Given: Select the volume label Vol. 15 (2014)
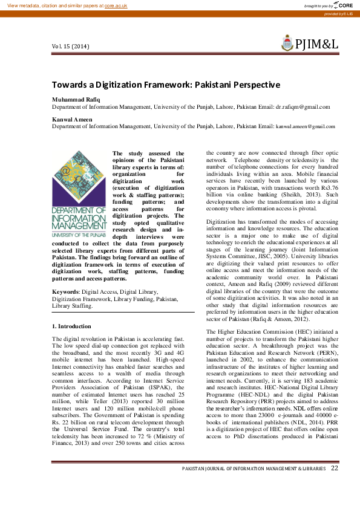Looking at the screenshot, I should pyautogui.click(x=71, y=47).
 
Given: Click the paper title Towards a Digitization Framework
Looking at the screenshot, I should pyautogui.click(x=166, y=85).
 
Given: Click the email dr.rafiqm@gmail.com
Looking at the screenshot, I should pyautogui.click(x=303, y=106).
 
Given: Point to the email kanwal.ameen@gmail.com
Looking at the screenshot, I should pyautogui.click(x=305, y=127).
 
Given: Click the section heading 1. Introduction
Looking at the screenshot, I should pyautogui.click(x=71, y=326).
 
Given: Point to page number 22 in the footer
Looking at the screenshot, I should pyautogui.click(x=335, y=468).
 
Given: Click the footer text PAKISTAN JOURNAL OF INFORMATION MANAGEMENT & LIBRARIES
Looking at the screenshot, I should pyautogui.click(x=254, y=469).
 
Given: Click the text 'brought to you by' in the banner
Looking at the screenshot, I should pyautogui.click(x=319, y=5).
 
